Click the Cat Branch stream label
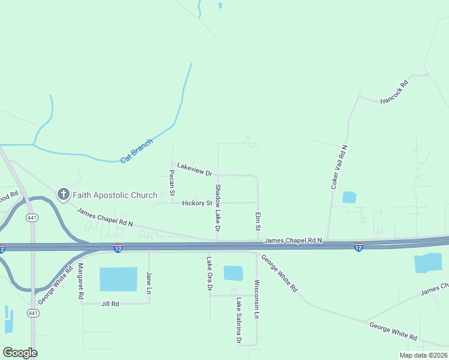coord(137,151)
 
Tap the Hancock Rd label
coord(394,92)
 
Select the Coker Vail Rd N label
coord(340,167)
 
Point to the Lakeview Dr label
coord(194,169)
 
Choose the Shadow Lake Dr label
coord(218,208)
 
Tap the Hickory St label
coord(197,203)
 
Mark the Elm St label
coord(258,221)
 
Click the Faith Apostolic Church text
coord(115,195)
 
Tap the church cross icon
coord(63,194)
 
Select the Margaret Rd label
coord(79,281)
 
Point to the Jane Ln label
coord(149,283)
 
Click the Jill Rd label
coord(110,304)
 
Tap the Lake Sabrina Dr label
coord(239,321)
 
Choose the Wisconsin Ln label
coord(256,299)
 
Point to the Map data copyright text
coord(423,355)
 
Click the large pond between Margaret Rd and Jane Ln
coord(118,280)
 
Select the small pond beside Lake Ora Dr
coord(233,273)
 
